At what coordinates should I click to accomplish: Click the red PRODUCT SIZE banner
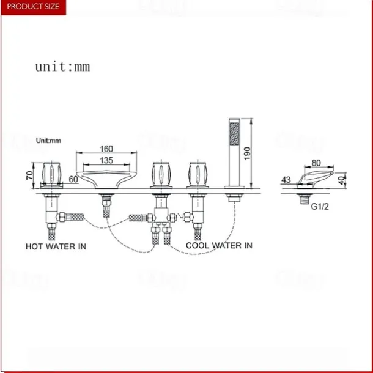pyautogui.click(x=33, y=7)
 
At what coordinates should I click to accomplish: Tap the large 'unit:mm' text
pyautogui.click(x=63, y=67)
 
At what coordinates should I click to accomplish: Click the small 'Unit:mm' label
pyautogui.click(x=48, y=141)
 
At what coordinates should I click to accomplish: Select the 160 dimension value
pyautogui.click(x=106, y=149)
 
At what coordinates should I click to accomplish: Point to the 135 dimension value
pyautogui.click(x=106, y=160)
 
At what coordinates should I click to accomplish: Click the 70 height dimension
pyautogui.click(x=30, y=175)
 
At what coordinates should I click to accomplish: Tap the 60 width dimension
pyautogui.click(x=73, y=179)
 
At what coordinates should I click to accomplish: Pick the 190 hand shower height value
pyautogui.click(x=247, y=153)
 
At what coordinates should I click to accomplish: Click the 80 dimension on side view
pyautogui.click(x=316, y=163)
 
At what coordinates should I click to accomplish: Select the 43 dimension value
pyautogui.click(x=286, y=180)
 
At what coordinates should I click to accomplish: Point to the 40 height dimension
pyautogui.click(x=342, y=180)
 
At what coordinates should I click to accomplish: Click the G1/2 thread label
pyautogui.click(x=320, y=207)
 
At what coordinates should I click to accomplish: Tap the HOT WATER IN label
pyautogui.click(x=56, y=246)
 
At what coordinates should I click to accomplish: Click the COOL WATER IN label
pyautogui.click(x=219, y=245)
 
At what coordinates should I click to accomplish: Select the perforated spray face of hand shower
pyautogui.click(x=234, y=133)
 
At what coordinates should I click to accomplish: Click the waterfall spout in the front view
pyautogui.click(x=106, y=180)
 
